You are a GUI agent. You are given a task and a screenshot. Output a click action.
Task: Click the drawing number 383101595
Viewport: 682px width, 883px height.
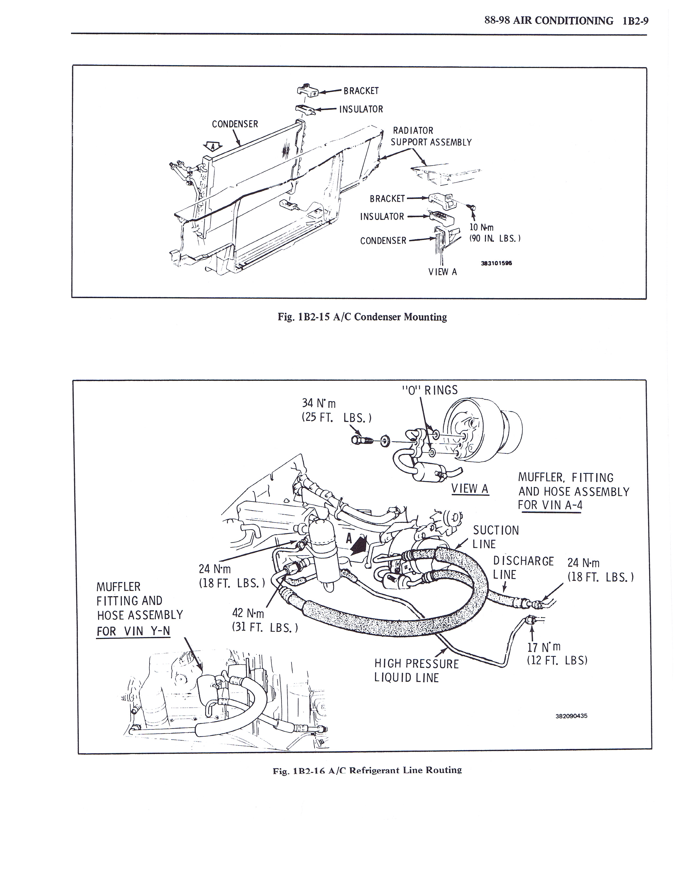tap(496, 263)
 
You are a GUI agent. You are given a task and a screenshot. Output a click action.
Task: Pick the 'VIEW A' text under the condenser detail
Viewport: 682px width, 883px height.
tap(442, 272)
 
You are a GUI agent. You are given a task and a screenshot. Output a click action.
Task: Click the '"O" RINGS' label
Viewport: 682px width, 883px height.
tap(430, 390)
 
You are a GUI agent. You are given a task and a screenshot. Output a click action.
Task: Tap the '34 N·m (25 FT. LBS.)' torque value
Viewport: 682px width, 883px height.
tap(336, 410)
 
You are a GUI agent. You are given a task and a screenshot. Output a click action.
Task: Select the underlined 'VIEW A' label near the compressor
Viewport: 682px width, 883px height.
tap(470, 489)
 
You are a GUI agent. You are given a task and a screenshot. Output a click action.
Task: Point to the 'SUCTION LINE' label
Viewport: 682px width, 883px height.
tap(496, 537)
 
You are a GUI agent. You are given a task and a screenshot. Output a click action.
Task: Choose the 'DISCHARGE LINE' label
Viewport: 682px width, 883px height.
tap(523, 568)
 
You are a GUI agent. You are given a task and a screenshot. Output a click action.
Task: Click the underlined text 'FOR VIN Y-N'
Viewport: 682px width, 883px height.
tap(133, 631)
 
